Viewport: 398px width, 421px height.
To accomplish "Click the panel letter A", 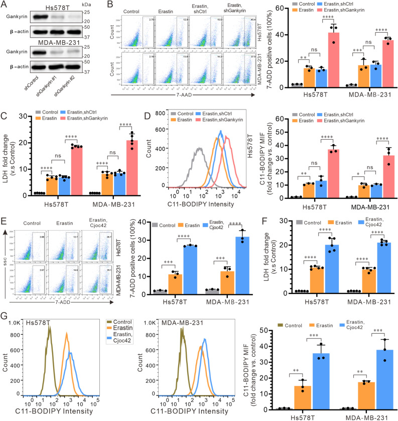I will (5, 5).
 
